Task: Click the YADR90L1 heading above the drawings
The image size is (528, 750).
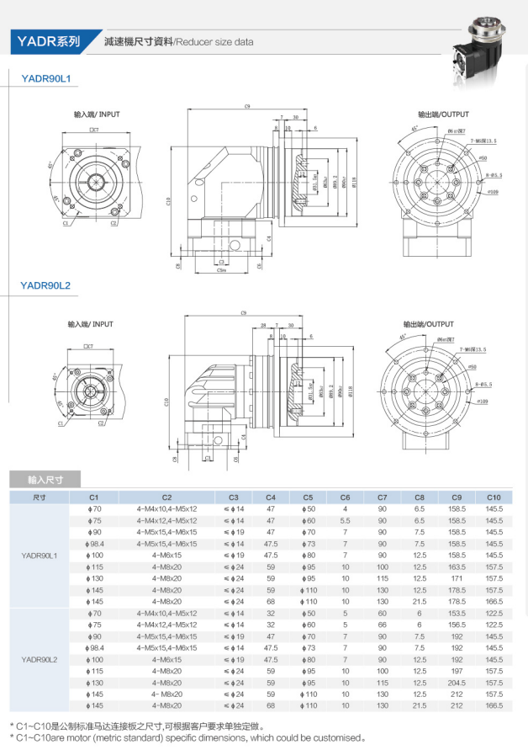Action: (x=45, y=78)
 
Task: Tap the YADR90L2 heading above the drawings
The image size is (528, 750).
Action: (x=45, y=285)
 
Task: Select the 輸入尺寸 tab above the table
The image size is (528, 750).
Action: (x=45, y=480)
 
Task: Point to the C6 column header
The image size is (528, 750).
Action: (x=345, y=497)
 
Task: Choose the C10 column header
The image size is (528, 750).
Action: (x=494, y=497)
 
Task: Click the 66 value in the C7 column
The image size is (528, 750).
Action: (x=383, y=625)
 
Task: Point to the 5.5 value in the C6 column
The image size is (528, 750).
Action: (x=345, y=520)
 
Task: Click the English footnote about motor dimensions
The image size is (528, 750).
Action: (x=187, y=738)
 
